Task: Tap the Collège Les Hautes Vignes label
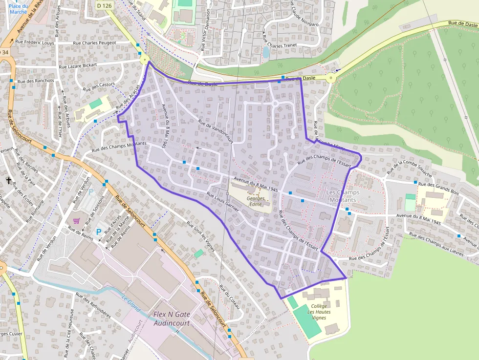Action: point(319,312)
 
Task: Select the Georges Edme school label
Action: point(256,201)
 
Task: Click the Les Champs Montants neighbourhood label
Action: point(342,196)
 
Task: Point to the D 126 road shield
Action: point(104,5)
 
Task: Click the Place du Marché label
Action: point(18,8)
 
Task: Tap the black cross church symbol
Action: point(8,181)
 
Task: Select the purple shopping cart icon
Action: point(77,221)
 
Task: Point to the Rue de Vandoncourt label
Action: point(216,131)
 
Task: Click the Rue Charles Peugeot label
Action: point(94,43)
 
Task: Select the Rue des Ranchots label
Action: point(35,81)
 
